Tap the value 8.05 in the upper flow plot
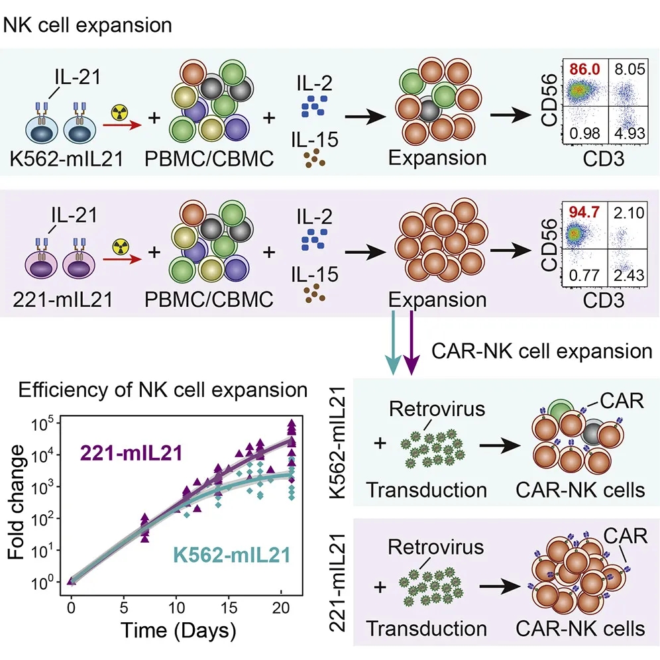coord(628,69)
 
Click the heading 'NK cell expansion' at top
coord(88,26)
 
